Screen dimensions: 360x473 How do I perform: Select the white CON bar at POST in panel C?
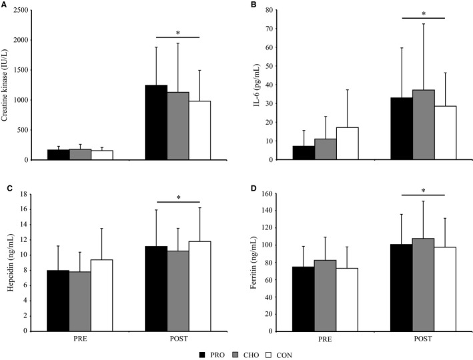(199, 286)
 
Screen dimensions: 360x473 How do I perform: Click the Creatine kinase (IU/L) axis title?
(7, 83)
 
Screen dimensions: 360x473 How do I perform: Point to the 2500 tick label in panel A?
(22, 11)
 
